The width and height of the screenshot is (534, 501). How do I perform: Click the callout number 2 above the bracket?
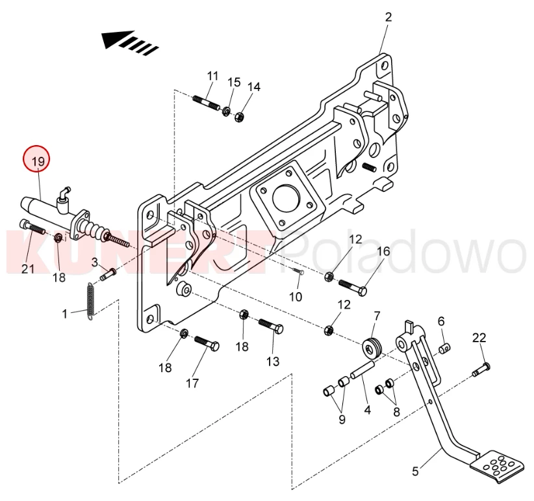[x=388, y=17]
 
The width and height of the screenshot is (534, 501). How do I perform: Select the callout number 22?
[x=479, y=338]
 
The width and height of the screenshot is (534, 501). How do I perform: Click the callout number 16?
[x=383, y=252]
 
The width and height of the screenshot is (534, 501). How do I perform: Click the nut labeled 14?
[x=238, y=118]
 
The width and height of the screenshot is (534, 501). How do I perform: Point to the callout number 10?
[x=296, y=297]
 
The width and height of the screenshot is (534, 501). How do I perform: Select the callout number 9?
[x=342, y=419]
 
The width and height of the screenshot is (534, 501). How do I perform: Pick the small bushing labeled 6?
[x=444, y=350]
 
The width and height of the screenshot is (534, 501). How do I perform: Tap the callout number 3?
[x=94, y=262]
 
